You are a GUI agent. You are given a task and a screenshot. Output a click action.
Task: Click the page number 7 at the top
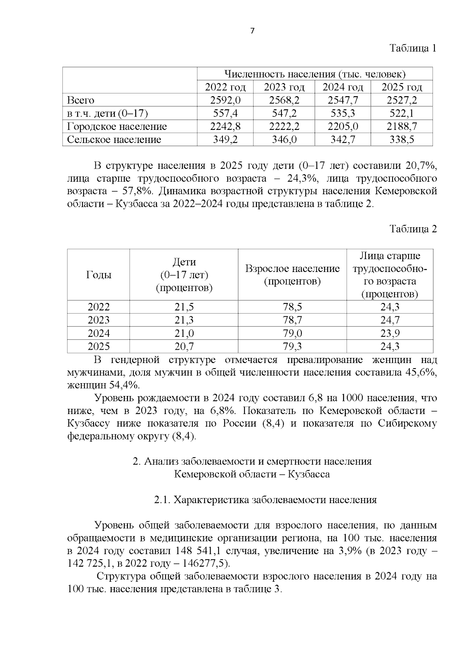(252, 31)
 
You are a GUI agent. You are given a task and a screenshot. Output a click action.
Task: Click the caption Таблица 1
(413, 48)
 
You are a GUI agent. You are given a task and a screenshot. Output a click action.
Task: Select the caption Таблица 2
(413, 229)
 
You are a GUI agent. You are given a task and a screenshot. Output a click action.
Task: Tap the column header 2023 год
(284, 87)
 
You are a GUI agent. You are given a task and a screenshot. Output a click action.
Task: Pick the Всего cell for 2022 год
(225, 100)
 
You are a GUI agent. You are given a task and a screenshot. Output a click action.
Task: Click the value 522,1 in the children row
(402, 113)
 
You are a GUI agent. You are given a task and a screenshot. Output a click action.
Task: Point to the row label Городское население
(117, 126)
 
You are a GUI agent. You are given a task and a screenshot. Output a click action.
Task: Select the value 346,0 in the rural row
(284, 139)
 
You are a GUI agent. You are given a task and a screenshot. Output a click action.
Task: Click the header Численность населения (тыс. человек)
(314, 74)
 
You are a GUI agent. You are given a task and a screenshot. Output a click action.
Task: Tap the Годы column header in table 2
(99, 275)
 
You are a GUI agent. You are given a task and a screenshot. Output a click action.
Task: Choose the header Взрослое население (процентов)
(292, 275)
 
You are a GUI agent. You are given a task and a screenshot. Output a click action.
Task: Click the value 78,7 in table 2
(292, 320)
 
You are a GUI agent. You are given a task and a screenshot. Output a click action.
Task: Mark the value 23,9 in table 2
(390, 333)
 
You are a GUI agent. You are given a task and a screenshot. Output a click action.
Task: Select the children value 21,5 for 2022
(184, 307)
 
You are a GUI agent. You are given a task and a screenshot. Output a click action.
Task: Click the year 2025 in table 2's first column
(99, 346)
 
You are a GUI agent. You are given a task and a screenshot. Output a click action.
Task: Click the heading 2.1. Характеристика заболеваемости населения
(265, 500)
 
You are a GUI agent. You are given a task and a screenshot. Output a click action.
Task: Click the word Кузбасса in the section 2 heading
(309, 474)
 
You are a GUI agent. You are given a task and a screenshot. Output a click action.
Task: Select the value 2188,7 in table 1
(402, 126)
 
